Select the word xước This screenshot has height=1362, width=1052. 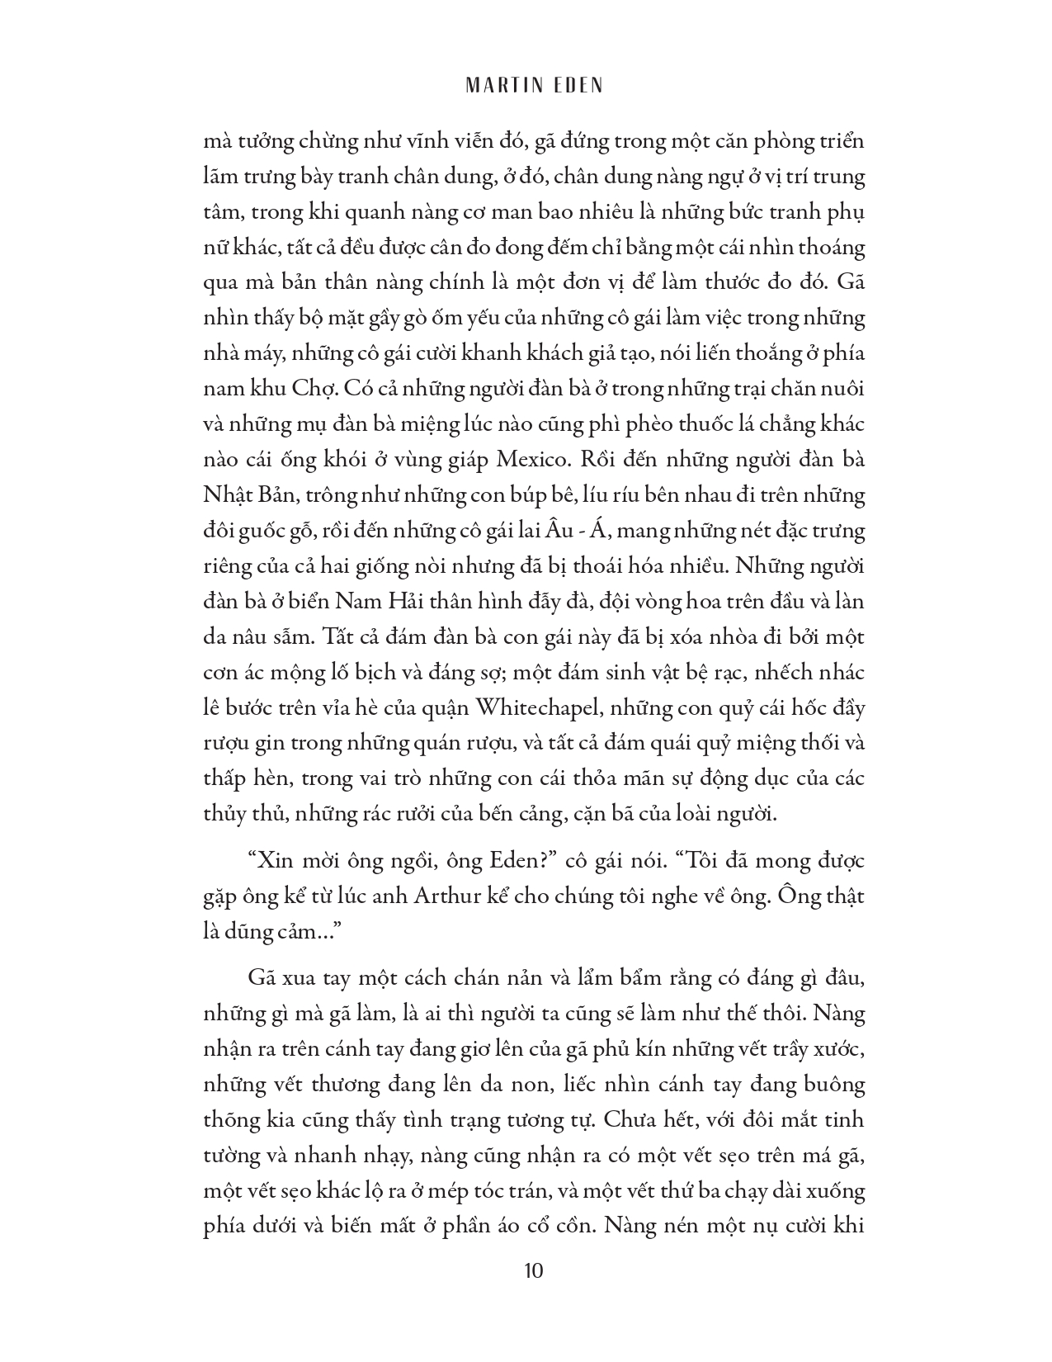[x=838, y=1049]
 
